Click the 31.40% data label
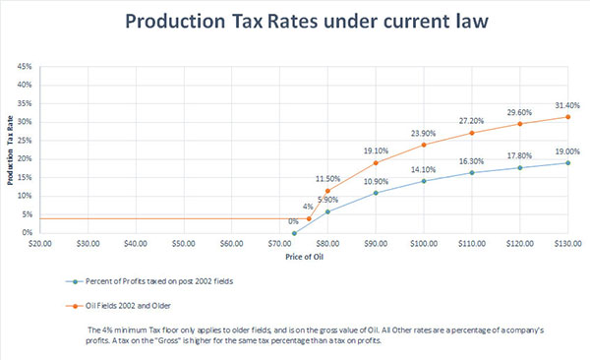tap(567, 105)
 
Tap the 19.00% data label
tap(567, 151)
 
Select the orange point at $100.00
tap(424, 145)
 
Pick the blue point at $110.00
tap(472, 173)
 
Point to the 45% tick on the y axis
tap(24, 67)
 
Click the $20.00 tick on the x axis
tap(40, 242)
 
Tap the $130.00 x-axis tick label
tap(567, 242)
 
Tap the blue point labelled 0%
tap(294, 233)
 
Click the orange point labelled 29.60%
tap(520, 124)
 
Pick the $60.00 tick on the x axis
tap(232, 242)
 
